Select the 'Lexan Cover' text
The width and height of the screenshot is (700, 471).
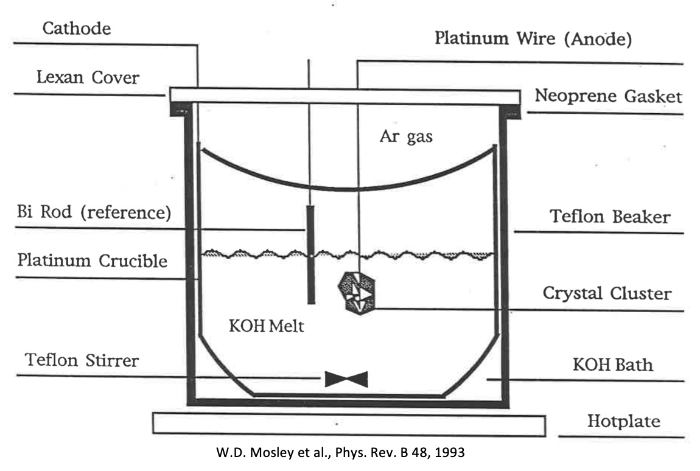(88, 78)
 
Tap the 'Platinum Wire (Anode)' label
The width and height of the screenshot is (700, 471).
(533, 39)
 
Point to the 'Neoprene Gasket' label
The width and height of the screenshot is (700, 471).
(608, 96)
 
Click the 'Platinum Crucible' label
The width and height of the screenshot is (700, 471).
(92, 260)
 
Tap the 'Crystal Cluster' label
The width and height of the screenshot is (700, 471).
(607, 294)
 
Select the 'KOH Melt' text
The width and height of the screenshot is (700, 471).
(266, 326)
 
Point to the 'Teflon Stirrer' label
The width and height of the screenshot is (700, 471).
(82, 360)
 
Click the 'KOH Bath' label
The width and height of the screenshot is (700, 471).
(612, 365)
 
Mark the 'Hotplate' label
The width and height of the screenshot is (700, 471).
(623, 421)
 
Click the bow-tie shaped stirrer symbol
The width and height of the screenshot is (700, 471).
(346, 379)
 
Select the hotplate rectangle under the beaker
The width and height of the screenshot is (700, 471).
(348, 424)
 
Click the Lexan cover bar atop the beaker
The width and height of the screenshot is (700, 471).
(344, 96)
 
